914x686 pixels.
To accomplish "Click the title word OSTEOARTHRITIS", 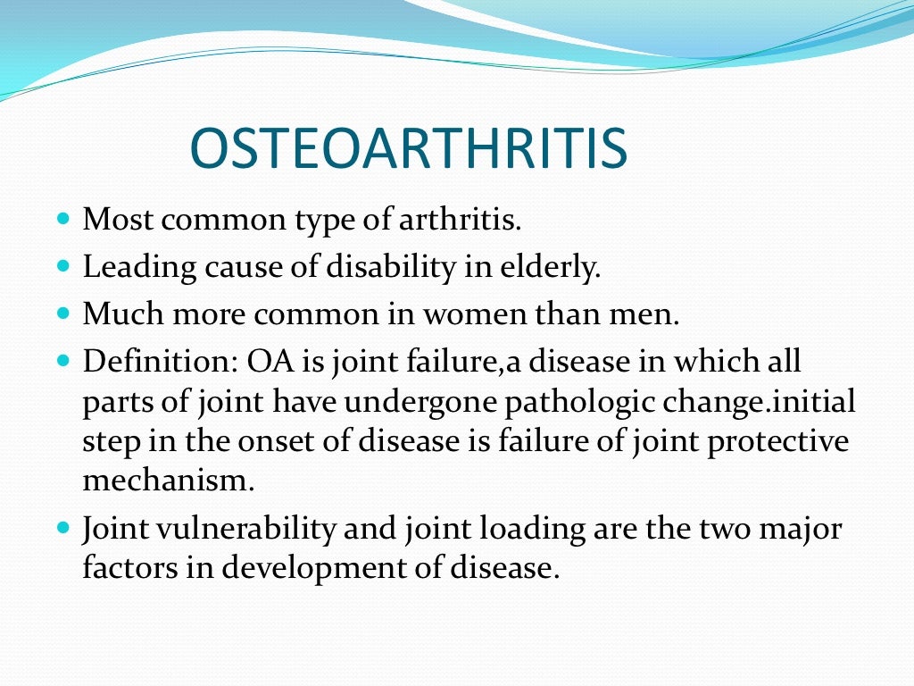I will pyautogui.click(x=409, y=149).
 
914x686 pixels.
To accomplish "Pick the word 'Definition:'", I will pyautogui.click(x=157, y=362).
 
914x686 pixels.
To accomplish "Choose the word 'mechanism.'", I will pyautogui.click(x=169, y=481).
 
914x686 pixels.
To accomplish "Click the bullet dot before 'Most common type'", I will pyautogui.click(x=62, y=219).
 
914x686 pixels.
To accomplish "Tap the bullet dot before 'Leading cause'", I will pyautogui.click(x=62, y=266).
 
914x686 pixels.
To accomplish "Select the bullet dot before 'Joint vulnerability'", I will pyautogui.click(x=62, y=528).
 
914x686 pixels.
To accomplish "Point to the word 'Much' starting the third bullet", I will pyautogui.click(x=120, y=314).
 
